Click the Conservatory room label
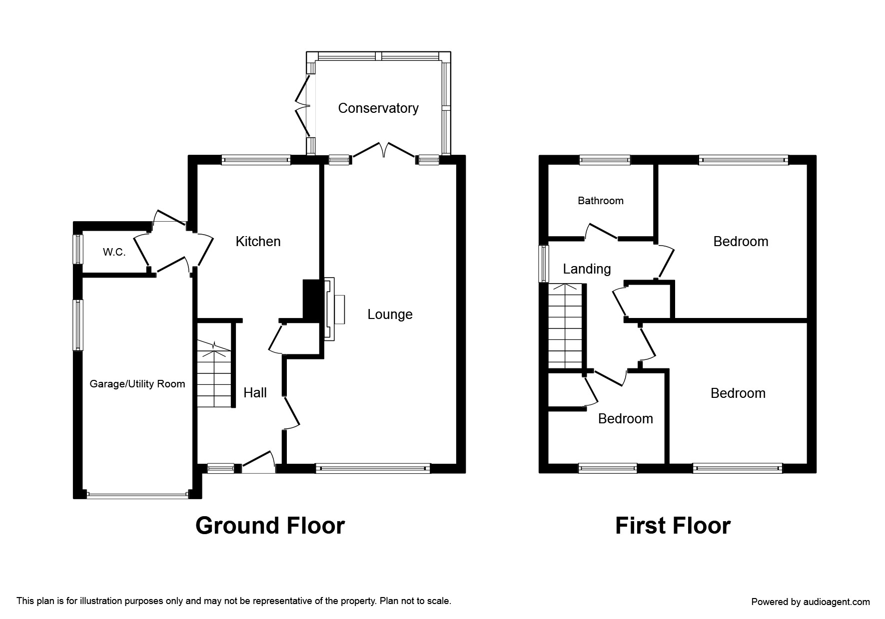pos(378,108)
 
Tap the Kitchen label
pos(258,242)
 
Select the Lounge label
pos(390,314)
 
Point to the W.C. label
pos(114,253)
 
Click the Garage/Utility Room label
pos(137,384)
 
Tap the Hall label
pos(255,393)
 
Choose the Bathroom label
pos(601,201)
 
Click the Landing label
pos(587,269)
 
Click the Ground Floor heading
pos(270,526)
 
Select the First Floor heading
pos(673,526)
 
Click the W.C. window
pos(78,249)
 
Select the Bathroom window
pos(605,160)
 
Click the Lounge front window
pos(372,468)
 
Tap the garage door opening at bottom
pos(137,495)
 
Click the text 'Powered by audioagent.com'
pos(810,602)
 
